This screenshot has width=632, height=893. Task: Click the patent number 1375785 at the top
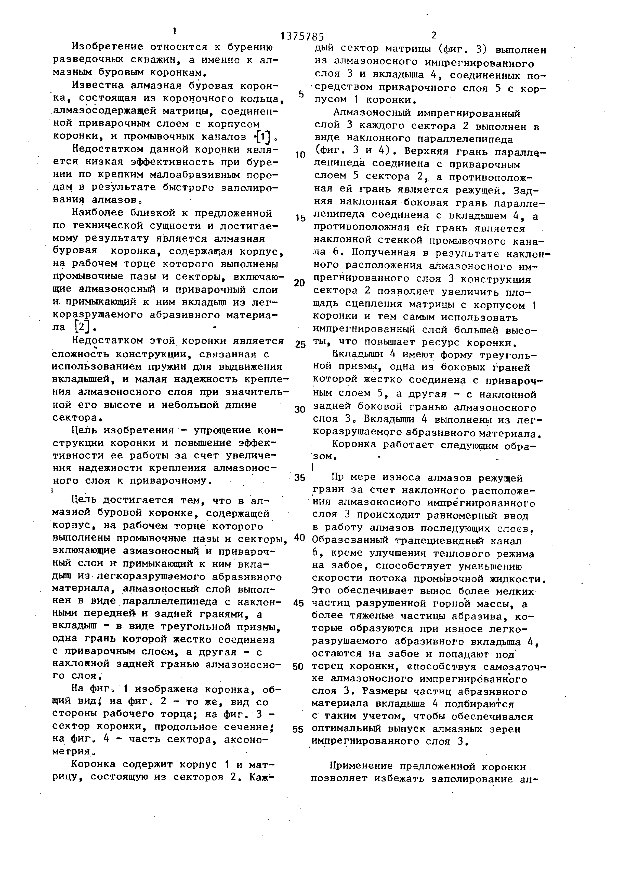coord(302,37)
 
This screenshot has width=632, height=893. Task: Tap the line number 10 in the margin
coord(300,155)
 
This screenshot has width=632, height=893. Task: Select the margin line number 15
coord(300,218)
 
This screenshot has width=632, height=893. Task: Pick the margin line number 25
coord(300,345)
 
